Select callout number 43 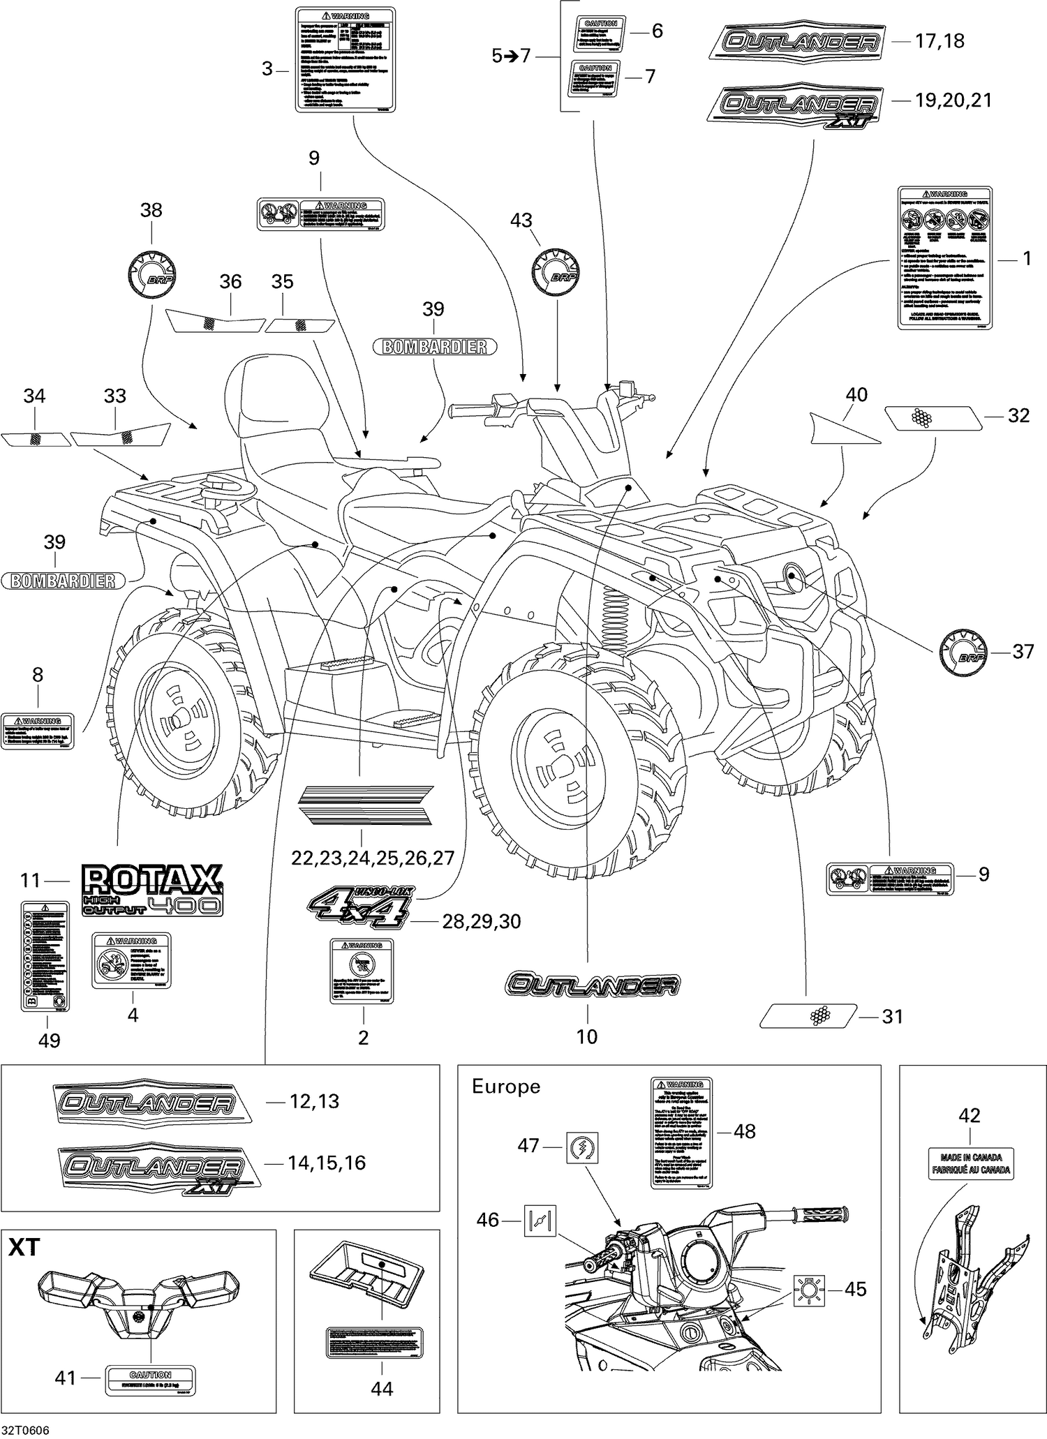521,220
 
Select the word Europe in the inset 506,1087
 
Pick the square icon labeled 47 582,1147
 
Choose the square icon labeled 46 540,1219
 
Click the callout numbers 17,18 940,41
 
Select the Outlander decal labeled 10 592,985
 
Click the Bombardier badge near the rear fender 63,580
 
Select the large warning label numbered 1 944,257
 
